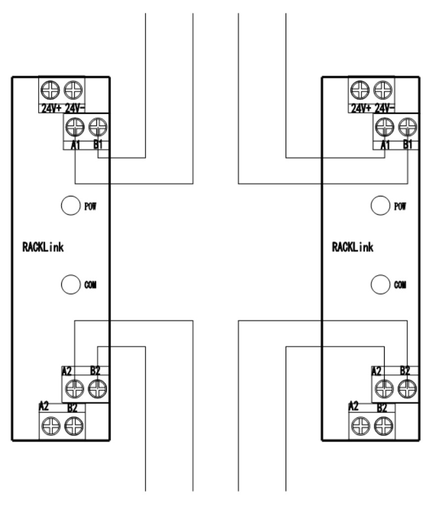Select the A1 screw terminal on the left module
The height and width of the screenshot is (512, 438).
tap(74, 127)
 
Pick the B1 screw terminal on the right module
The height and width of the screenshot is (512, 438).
tap(407, 127)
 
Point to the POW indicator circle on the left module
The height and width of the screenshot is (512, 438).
tap(70, 205)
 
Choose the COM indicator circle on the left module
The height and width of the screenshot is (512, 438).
tap(70, 284)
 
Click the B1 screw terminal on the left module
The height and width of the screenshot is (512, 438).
tap(98, 127)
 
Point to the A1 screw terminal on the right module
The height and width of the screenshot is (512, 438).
tap(383, 127)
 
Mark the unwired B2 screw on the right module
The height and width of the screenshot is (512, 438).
tap(383, 424)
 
